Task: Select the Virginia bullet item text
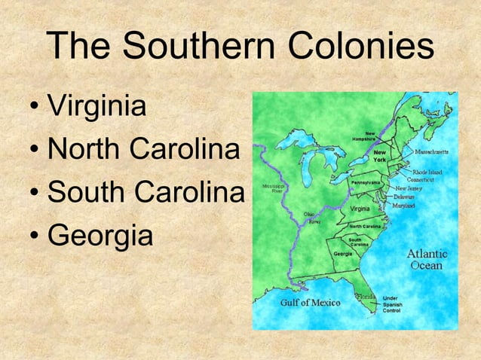(x=97, y=108)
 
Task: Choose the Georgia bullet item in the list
(x=100, y=235)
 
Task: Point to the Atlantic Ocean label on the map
(x=427, y=259)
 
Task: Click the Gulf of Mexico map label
(x=311, y=303)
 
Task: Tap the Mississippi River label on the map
(x=272, y=188)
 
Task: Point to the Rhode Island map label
(x=426, y=172)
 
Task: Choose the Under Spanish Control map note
(x=392, y=304)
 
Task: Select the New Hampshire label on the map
(x=366, y=137)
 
